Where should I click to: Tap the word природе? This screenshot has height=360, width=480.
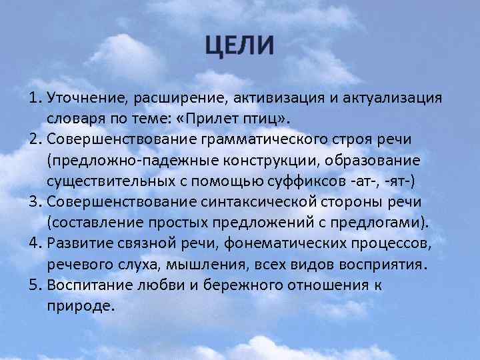81,306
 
